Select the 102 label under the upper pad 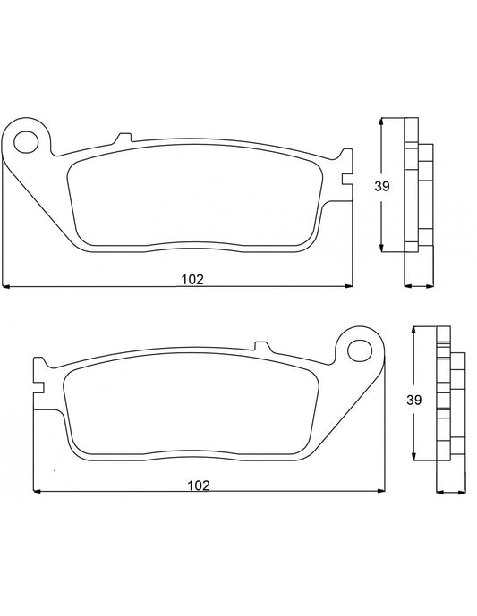click(192, 278)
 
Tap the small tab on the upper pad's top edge click(123, 138)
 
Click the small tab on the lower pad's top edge click(263, 345)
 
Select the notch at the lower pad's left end click(37, 375)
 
